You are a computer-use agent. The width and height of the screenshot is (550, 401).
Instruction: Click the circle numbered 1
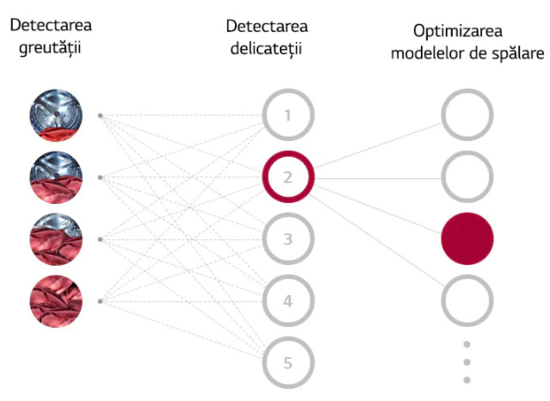coord(287,114)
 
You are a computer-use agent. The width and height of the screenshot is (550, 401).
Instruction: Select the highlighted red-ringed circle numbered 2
coord(287,177)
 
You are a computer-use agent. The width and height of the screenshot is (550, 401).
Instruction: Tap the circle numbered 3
coord(287,238)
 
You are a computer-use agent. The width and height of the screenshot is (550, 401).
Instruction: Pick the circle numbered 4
coord(287,300)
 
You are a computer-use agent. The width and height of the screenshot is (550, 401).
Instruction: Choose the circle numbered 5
coord(287,362)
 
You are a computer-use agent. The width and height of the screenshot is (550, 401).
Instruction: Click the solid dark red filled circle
coord(467,238)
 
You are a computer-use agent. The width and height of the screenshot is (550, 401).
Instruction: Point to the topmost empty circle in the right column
coord(467,114)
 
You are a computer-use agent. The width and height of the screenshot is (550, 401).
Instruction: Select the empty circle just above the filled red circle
coord(467,177)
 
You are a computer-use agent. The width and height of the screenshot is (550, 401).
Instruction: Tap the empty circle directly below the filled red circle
coord(467,300)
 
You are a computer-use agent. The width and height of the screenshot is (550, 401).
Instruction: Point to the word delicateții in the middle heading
coord(267,47)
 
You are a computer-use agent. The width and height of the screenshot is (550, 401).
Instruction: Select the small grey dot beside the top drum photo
coord(101,114)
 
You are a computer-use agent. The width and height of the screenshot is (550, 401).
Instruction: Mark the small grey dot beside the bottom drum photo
coord(101,300)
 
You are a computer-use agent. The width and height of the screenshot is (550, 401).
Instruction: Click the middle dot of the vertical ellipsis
coord(467,362)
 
